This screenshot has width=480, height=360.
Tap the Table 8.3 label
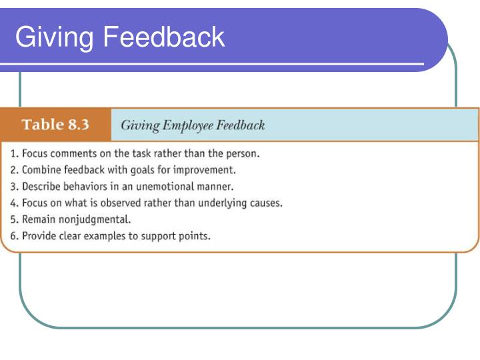tap(56, 125)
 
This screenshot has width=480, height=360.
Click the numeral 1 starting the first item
tap(13, 153)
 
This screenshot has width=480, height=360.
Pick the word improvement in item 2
tap(207, 169)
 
